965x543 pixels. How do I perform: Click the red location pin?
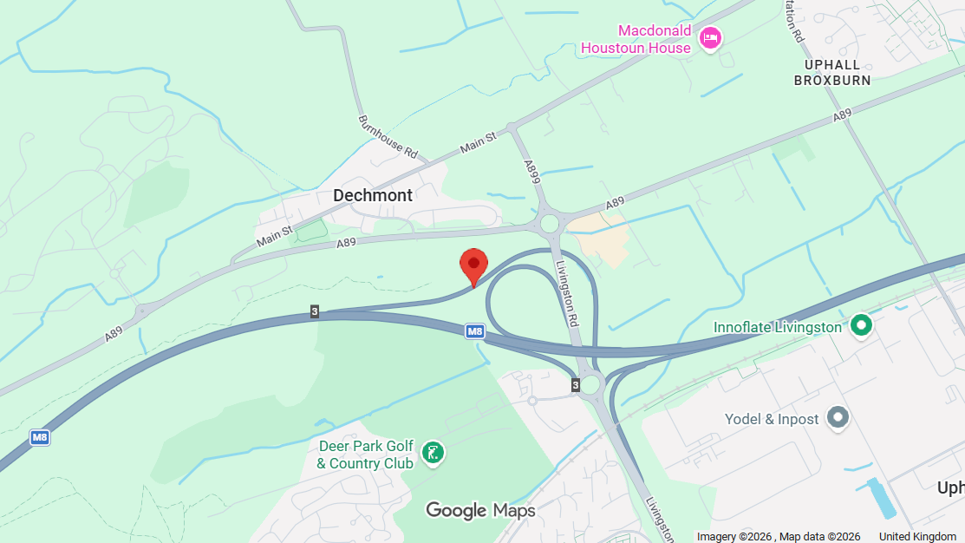[x=473, y=263]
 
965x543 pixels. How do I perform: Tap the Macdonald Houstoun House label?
[x=636, y=39]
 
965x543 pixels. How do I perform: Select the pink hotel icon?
[x=710, y=37]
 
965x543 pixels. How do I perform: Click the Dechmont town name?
[x=373, y=195]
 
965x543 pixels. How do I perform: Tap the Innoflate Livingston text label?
[x=777, y=327]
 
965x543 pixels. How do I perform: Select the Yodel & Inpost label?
[x=772, y=419]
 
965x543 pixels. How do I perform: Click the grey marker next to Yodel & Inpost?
[x=837, y=418]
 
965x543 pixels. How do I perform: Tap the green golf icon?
[x=432, y=452]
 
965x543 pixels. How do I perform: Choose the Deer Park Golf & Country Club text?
[x=365, y=455]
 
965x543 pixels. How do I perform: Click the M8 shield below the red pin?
[x=474, y=330]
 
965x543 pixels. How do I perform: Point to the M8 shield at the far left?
[x=39, y=437]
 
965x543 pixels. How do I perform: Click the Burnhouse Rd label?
[x=388, y=137]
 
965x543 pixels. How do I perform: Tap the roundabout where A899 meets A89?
[x=550, y=224]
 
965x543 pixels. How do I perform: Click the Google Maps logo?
[x=480, y=510]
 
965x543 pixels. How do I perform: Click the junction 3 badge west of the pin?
[x=314, y=311]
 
